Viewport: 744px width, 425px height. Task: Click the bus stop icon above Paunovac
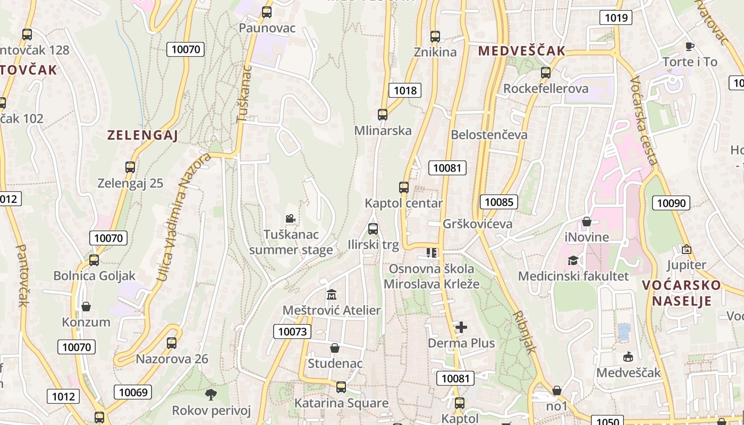pyautogui.click(x=267, y=12)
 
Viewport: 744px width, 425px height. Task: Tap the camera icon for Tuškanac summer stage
pyautogui.click(x=290, y=218)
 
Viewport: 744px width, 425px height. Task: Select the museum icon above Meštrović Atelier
pyautogui.click(x=332, y=294)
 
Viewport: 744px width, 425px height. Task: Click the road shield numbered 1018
pyautogui.click(x=405, y=90)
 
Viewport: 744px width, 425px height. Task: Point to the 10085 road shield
pyautogui.click(x=499, y=202)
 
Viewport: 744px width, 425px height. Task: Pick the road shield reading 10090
pyautogui.click(x=671, y=202)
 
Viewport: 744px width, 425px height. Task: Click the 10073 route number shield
pyautogui.click(x=292, y=332)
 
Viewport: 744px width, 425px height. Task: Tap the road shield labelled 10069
pyautogui.click(x=133, y=393)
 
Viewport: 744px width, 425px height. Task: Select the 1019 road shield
pyautogui.click(x=616, y=18)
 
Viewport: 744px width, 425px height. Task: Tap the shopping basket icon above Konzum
pyautogui.click(x=86, y=307)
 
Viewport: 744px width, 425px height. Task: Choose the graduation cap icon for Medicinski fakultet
pyautogui.click(x=573, y=260)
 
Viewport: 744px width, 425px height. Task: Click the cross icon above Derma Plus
pyautogui.click(x=461, y=327)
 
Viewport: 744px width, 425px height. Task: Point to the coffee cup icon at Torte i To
pyautogui.click(x=690, y=46)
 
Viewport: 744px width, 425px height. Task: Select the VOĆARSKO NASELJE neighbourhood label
pyautogui.click(x=681, y=293)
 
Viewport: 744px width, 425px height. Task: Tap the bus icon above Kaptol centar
pyautogui.click(x=404, y=188)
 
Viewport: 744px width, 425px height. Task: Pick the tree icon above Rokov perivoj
pyautogui.click(x=211, y=394)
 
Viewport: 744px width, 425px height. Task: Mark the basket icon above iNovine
pyautogui.click(x=587, y=222)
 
